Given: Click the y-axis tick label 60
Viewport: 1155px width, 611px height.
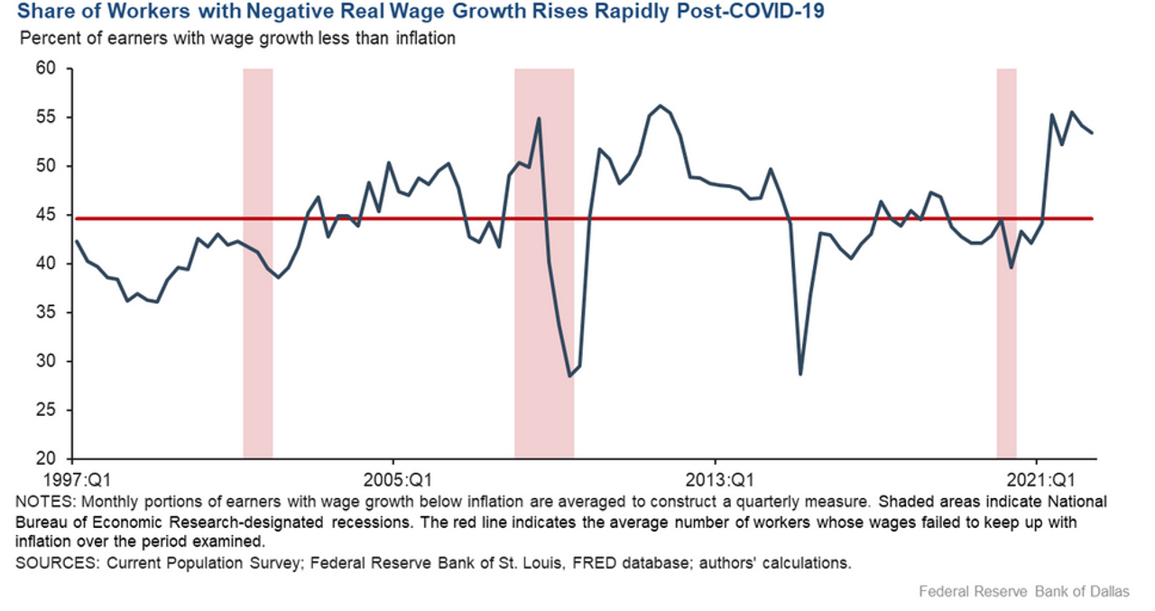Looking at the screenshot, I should click(45, 69).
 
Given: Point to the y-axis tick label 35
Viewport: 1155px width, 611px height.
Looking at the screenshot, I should click(45, 312).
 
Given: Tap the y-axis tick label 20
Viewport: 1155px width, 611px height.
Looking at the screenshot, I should click(45, 458).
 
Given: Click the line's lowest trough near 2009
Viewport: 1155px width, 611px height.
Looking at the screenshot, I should click(569, 376).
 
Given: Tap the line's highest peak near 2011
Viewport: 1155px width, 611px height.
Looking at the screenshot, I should click(661, 106).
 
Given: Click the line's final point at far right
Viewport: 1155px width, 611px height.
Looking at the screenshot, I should click(1093, 133).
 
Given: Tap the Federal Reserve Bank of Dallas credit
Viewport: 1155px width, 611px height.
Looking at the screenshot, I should click(1024, 592).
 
